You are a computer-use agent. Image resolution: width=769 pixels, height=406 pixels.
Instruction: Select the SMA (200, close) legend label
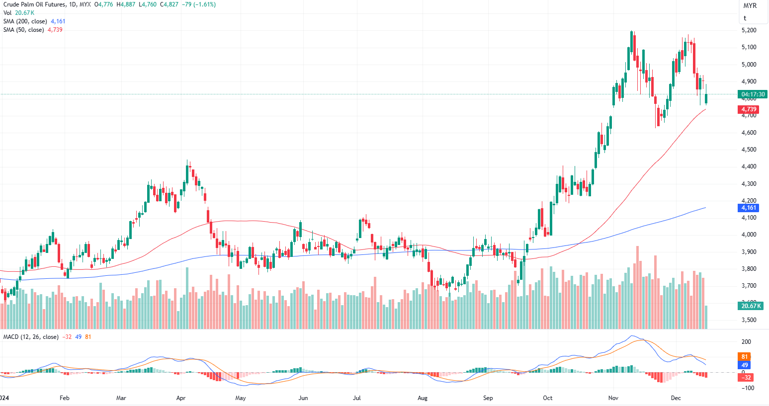pyautogui.click(x=25, y=21)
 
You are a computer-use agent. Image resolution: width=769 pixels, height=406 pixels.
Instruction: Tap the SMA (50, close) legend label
pyautogui.click(x=23, y=30)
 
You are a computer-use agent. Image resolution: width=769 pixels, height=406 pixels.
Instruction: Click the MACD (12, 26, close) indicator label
pyautogui.click(x=31, y=337)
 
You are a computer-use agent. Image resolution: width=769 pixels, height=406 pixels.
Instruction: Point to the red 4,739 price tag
pyautogui.click(x=749, y=109)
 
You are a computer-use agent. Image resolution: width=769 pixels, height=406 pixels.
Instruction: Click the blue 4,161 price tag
pyautogui.click(x=749, y=208)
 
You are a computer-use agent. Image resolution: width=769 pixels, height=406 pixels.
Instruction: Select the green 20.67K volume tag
pyautogui.click(x=751, y=306)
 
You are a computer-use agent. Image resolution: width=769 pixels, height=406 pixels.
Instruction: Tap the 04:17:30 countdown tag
pyautogui.click(x=753, y=94)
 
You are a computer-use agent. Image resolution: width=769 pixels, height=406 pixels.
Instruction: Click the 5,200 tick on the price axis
pyautogui.click(x=749, y=30)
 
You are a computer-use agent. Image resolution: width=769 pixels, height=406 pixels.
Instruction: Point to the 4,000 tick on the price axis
pyautogui.click(x=749, y=235)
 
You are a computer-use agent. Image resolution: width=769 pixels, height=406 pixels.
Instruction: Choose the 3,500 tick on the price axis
pyautogui.click(x=749, y=320)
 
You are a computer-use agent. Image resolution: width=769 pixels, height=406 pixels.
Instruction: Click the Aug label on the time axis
pyautogui.click(x=423, y=398)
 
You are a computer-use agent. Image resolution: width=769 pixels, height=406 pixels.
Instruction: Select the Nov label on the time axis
pyautogui.click(x=613, y=398)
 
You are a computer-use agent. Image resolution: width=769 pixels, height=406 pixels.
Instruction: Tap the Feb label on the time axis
pyautogui.click(x=64, y=398)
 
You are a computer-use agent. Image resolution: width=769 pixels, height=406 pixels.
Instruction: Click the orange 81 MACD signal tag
pyautogui.click(x=744, y=357)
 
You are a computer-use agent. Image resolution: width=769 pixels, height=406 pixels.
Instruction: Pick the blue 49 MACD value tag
pyautogui.click(x=744, y=365)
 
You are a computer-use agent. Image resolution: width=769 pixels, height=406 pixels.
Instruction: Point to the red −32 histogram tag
pyautogui.click(x=746, y=378)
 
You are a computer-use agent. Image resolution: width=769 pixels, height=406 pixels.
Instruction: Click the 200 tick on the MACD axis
pyautogui.click(x=746, y=342)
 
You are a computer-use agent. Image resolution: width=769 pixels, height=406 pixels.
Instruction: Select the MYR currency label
pyautogui.click(x=750, y=6)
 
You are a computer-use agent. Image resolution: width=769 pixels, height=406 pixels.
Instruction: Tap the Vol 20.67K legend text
pyautogui.click(x=19, y=13)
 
